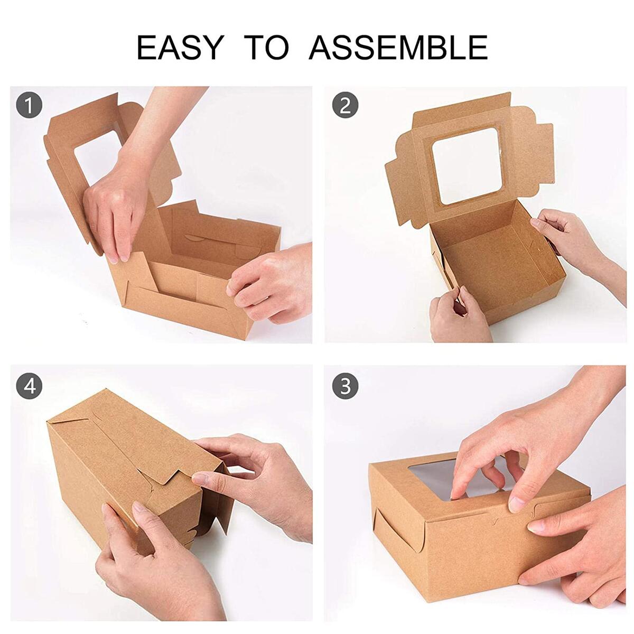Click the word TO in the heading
[x=269, y=47]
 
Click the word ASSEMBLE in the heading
[x=398, y=47]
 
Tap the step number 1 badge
[x=29, y=106]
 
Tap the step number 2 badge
[x=345, y=106]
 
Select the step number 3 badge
[x=345, y=387]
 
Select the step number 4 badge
[x=29, y=387]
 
